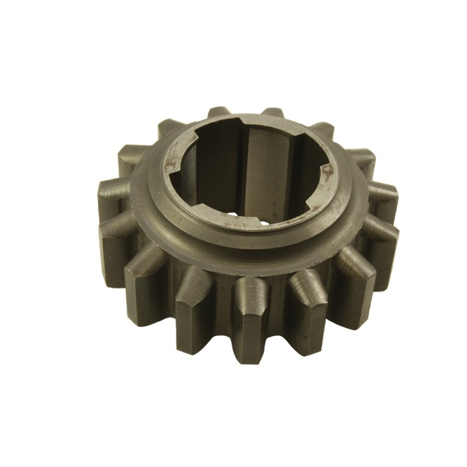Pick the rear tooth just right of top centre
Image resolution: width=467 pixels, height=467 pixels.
270,114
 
